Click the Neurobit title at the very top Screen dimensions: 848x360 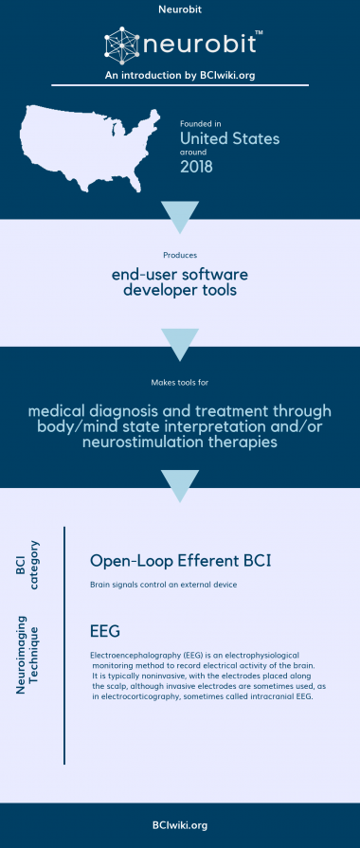[179, 12]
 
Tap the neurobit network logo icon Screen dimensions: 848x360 [120, 46]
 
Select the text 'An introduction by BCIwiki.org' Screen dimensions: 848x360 [179, 76]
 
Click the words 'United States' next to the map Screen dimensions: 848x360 [229, 138]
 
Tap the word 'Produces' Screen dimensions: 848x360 [179, 254]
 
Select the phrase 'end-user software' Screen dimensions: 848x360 [179, 274]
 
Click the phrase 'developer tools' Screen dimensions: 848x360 [179, 290]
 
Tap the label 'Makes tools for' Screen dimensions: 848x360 [179, 383]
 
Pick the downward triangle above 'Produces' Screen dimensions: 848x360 [179, 214]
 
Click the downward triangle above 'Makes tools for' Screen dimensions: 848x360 [179, 340]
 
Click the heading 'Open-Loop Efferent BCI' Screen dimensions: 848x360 [180, 561]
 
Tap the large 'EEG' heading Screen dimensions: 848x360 [104, 630]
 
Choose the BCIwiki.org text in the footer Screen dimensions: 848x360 [179, 824]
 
